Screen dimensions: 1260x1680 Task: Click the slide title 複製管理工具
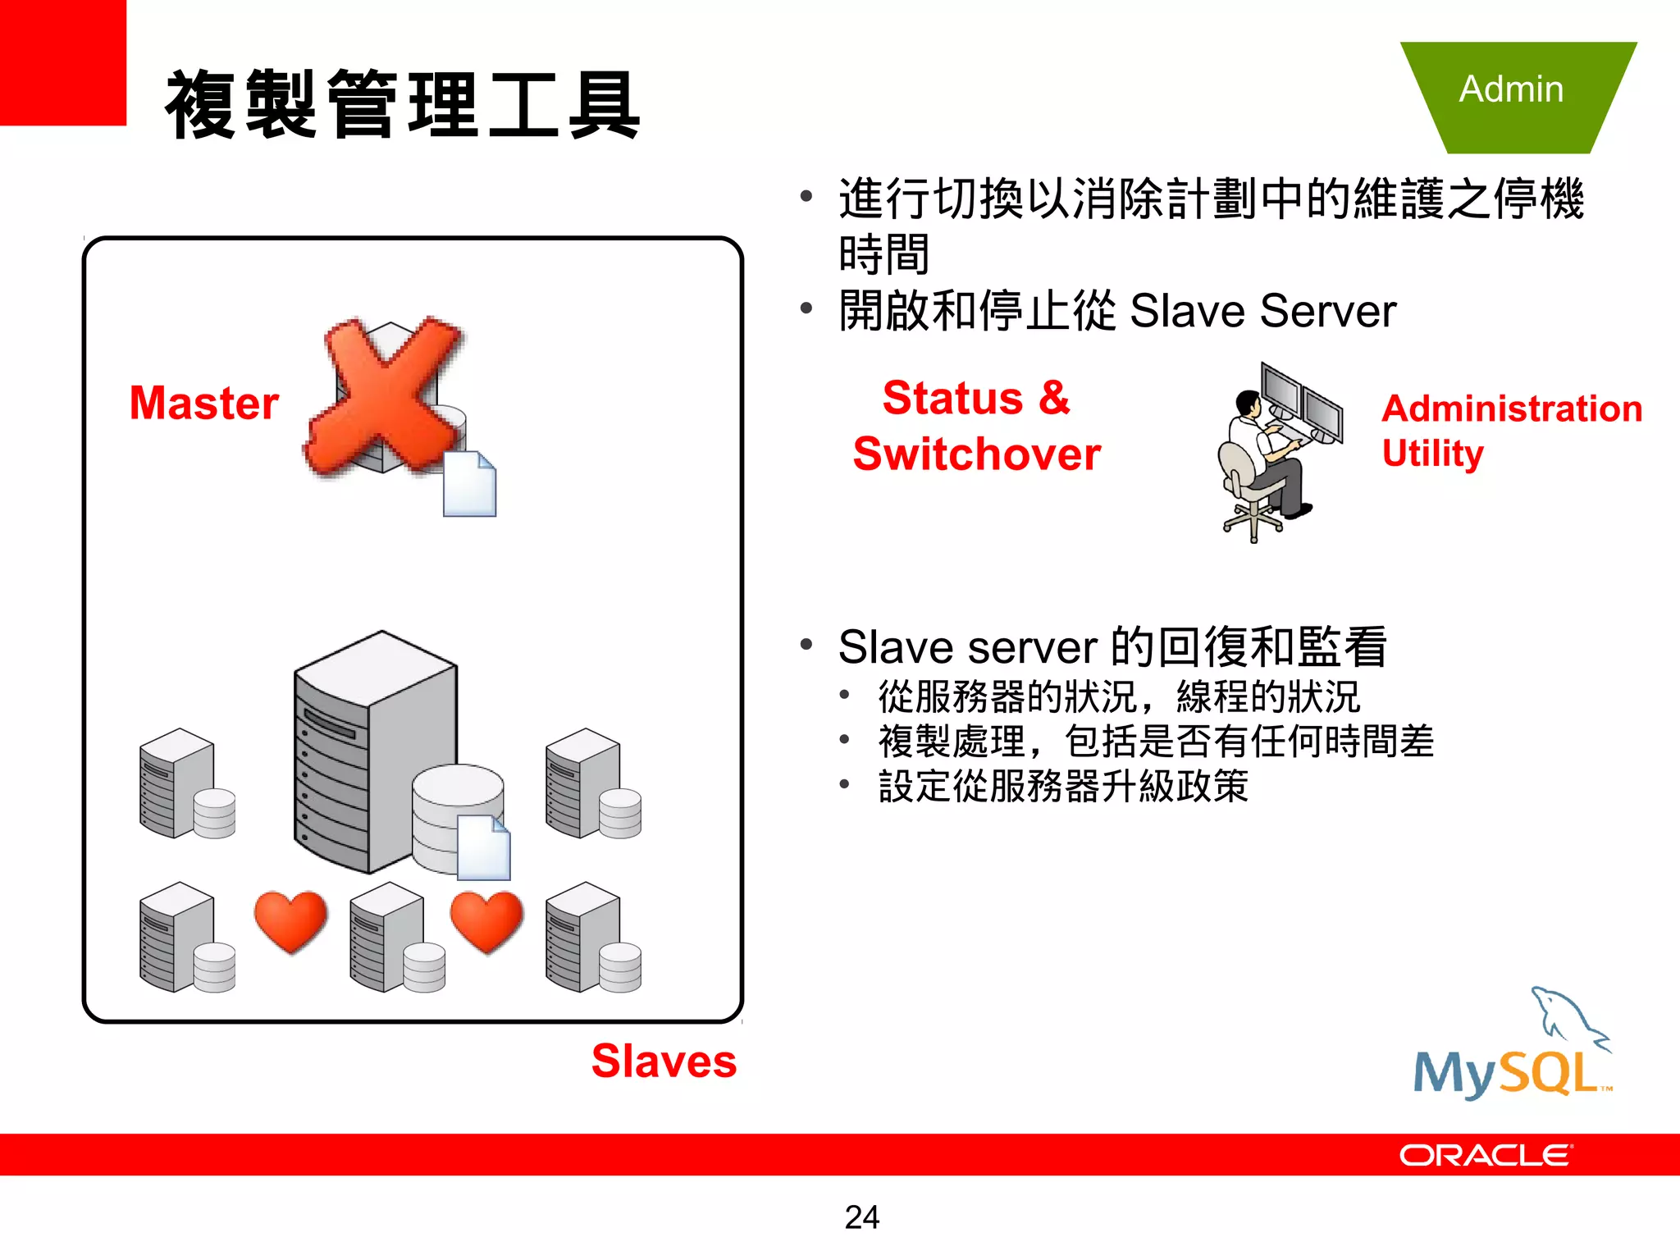402,105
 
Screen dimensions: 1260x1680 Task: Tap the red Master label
204,403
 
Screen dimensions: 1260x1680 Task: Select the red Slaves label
664,1061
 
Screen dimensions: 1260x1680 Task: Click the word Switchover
976,454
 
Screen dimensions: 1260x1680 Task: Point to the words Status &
976,398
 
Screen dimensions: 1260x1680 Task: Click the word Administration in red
1511,409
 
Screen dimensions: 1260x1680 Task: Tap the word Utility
1432,453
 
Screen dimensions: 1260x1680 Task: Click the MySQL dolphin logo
1513,1046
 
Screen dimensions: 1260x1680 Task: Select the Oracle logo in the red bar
1485,1155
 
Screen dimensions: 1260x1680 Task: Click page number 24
861,1217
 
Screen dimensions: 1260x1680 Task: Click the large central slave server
373,751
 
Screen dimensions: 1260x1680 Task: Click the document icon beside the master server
469,484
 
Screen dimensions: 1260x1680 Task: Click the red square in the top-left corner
62,62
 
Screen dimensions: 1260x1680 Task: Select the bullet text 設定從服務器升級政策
1062,786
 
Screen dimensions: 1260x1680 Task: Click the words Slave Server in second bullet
1262,312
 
